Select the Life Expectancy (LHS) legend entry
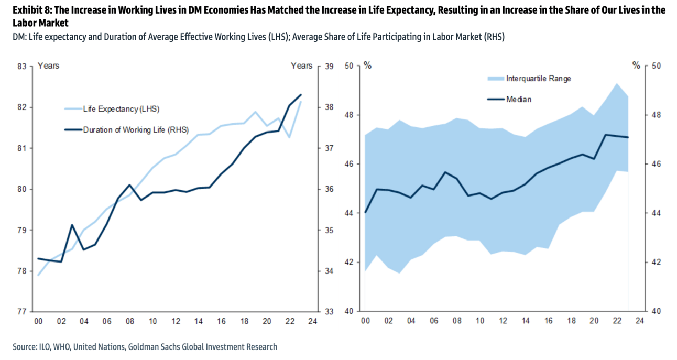[121, 109]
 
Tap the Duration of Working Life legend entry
[135, 130]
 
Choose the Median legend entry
[518, 99]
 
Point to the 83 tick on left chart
[22, 67]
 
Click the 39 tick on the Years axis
[329, 67]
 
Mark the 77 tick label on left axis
[22, 311]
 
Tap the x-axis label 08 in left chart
[129, 321]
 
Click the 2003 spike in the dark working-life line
[72, 225]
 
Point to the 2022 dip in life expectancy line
[289, 137]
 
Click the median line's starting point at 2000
[365, 212]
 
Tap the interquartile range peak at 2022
[617, 84]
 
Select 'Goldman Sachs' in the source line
[176, 346]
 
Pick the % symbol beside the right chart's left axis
[367, 66]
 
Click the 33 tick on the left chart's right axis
[329, 311]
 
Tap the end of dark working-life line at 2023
[300, 95]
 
